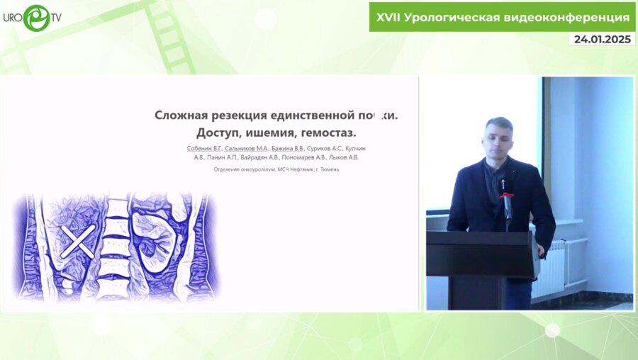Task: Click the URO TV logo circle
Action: pyautogui.click(x=35, y=18)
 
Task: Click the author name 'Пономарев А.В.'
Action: pyautogui.click(x=309, y=157)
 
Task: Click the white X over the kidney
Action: pyautogui.click(x=77, y=241)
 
